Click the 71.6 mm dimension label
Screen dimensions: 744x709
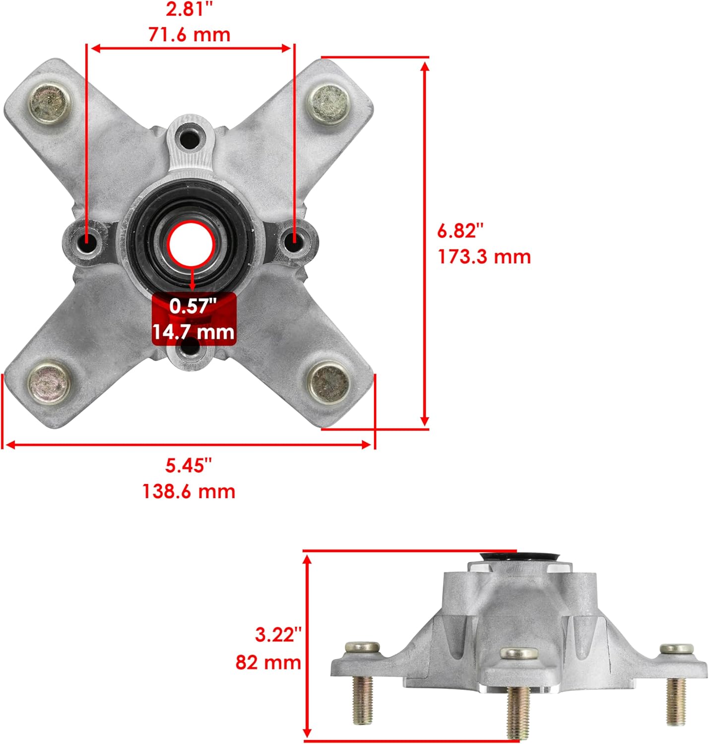[189, 35]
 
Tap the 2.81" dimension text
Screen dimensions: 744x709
[189, 9]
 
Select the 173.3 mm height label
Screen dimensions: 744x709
[484, 256]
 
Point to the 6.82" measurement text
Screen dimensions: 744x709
[459, 231]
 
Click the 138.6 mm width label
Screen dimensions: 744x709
[189, 491]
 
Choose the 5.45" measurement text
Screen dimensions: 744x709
[189, 465]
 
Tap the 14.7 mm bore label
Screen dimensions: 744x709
[193, 331]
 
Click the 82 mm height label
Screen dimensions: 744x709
[268, 662]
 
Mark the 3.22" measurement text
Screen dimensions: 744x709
[278, 634]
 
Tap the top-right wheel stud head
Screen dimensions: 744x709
[328, 104]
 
